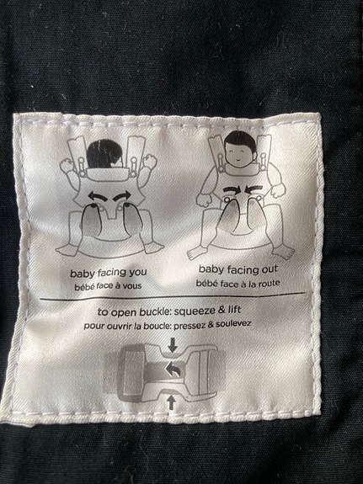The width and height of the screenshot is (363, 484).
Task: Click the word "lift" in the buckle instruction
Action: click(x=233, y=309)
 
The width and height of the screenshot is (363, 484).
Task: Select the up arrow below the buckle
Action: click(x=172, y=403)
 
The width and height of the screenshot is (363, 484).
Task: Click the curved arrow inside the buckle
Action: click(x=174, y=369)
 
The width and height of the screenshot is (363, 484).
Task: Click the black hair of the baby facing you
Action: click(x=104, y=154)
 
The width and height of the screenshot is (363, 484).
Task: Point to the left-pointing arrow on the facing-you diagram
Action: click(x=98, y=196)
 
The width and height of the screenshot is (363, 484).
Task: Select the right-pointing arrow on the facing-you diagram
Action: click(x=123, y=195)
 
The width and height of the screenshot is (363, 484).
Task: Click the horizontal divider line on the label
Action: click(x=173, y=295)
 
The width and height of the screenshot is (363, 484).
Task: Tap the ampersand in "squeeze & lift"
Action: click(x=222, y=309)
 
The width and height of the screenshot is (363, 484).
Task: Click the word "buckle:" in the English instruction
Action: click(x=156, y=311)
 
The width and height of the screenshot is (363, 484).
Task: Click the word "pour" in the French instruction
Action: click(x=92, y=327)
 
